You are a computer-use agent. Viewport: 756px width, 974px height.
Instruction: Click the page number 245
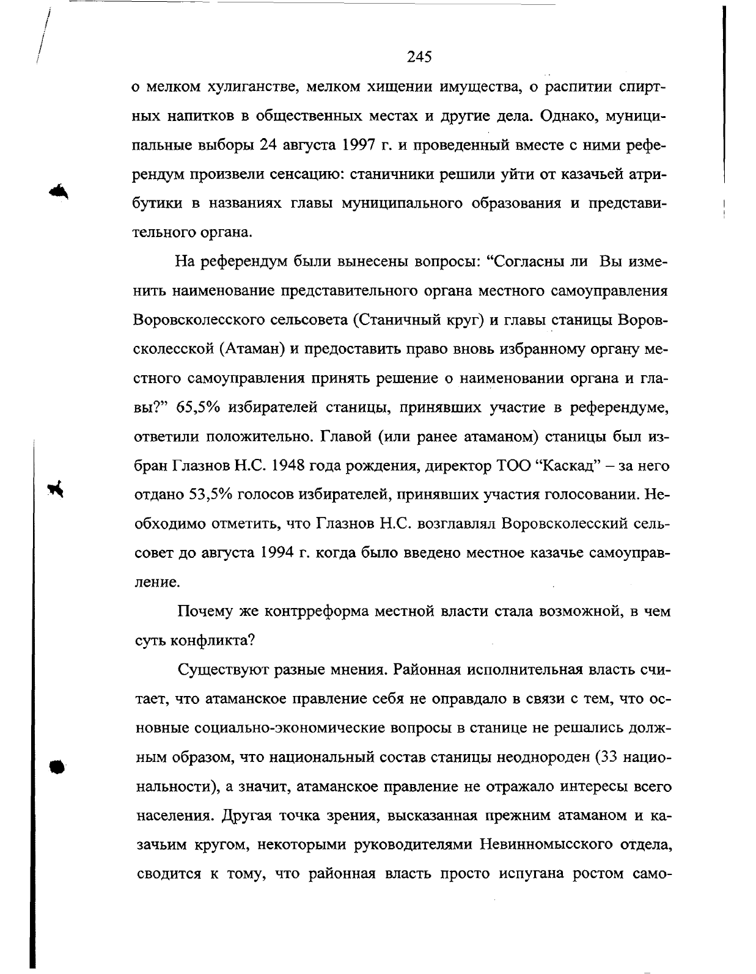point(420,57)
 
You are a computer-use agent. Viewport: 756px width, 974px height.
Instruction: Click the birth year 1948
point(293,466)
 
